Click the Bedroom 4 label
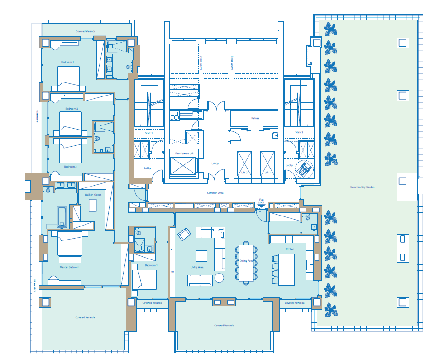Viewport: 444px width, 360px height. coord(67,62)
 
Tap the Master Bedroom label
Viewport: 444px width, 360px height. coord(69,267)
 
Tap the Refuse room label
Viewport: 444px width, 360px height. coord(255,118)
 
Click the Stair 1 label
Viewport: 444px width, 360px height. coord(148,133)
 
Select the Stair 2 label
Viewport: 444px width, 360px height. coord(299,133)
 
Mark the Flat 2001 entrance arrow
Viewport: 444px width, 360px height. coord(261,206)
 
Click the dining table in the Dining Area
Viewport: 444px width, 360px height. coord(246,263)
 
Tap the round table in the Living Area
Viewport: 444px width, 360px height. coord(219,278)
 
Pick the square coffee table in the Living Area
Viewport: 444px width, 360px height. coord(201,256)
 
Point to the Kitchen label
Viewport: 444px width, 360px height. coord(290,249)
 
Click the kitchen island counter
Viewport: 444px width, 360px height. coord(286,269)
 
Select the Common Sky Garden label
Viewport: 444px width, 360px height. coord(362,187)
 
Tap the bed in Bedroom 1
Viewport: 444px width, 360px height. coord(144,280)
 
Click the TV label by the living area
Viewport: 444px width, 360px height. coord(172,273)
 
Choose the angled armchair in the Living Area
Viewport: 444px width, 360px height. coord(184,234)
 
